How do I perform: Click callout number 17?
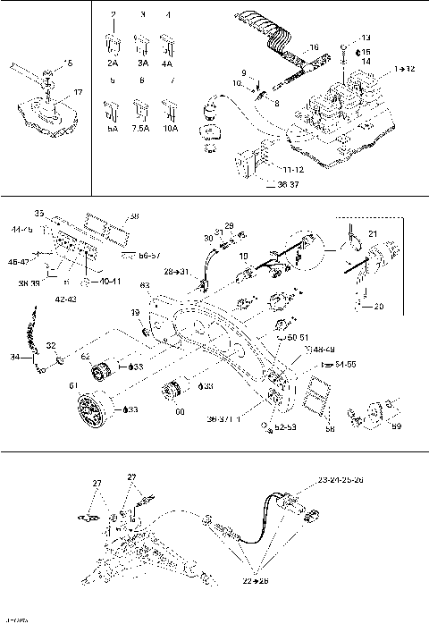(x=78, y=91)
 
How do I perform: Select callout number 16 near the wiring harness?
(x=314, y=46)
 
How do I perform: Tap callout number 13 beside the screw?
(x=365, y=38)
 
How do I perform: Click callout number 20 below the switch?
(x=378, y=305)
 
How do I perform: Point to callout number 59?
(x=397, y=426)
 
